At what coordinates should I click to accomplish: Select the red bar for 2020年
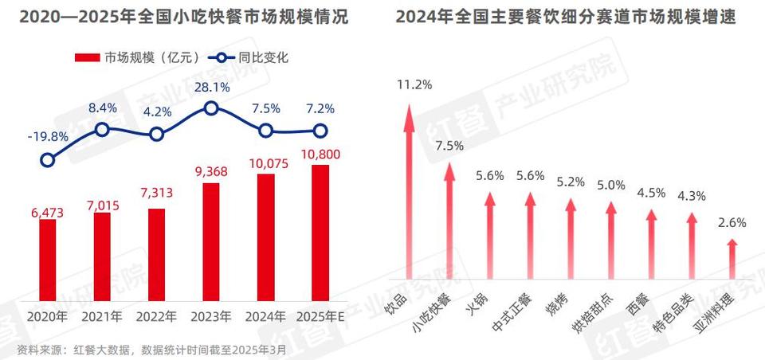48,260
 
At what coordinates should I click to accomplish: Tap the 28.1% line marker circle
211,108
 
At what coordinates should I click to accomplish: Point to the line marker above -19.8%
48,160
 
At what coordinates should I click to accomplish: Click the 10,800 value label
320,152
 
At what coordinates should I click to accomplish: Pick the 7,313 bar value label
157,194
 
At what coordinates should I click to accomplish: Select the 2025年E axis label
320,316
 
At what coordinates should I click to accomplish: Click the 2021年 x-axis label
102,316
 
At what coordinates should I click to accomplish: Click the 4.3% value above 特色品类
691,195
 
